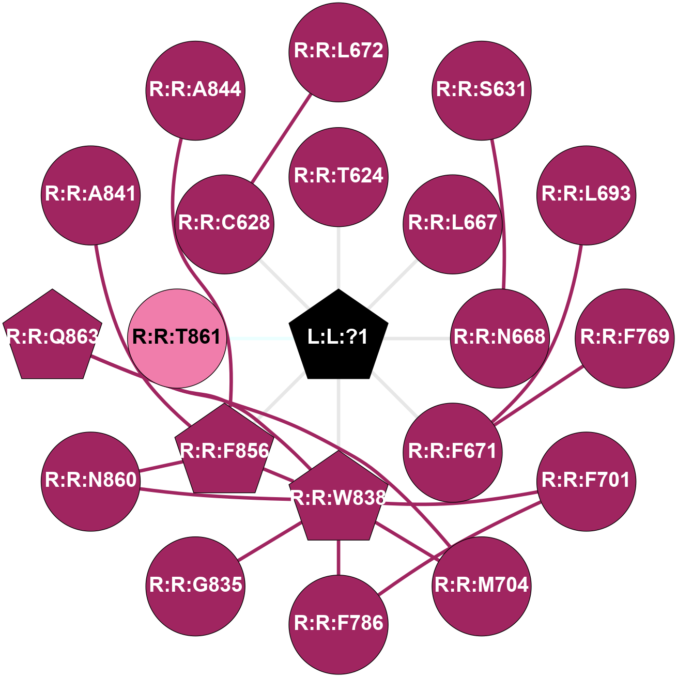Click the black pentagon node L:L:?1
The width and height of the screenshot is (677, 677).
[x=338, y=337]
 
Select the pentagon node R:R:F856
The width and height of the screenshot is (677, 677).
[x=224, y=451]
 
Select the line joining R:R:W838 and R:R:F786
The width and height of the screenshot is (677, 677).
[x=338, y=557]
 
